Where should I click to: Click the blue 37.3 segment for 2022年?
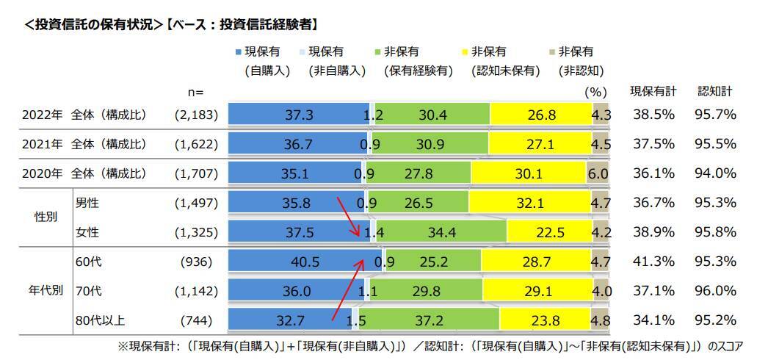[299, 114]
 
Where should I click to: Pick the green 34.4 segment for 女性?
[441, 232]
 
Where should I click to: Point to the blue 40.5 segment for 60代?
[304, 262]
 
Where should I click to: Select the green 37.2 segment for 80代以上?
[430, 320]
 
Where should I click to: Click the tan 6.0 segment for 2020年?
[599, 174]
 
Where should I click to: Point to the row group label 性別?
[39, 218]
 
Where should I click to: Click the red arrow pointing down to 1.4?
[349, 217]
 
